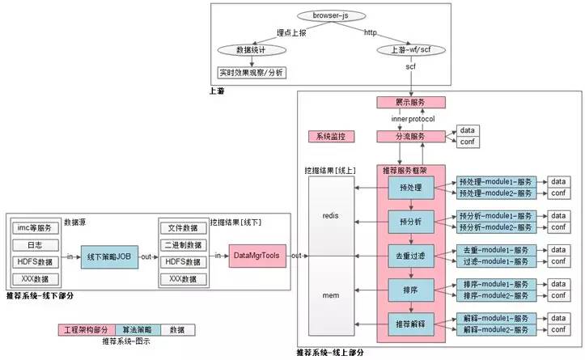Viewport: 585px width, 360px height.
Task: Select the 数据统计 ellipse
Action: pos(252,50)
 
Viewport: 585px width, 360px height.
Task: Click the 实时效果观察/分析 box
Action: pos(252,72)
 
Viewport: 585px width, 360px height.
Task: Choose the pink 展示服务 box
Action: pos(411,103)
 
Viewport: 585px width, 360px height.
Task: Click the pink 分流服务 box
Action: pos(411,138)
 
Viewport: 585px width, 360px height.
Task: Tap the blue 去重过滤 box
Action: pos(411,256)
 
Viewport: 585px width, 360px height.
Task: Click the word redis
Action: pos(330,218)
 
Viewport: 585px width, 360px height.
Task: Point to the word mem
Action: pos(330,296)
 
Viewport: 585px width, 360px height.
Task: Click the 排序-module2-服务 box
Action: pos(494,295)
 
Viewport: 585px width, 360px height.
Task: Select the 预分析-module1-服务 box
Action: pos(494,216)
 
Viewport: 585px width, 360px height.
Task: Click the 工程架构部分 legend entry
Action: pos(86,329)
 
